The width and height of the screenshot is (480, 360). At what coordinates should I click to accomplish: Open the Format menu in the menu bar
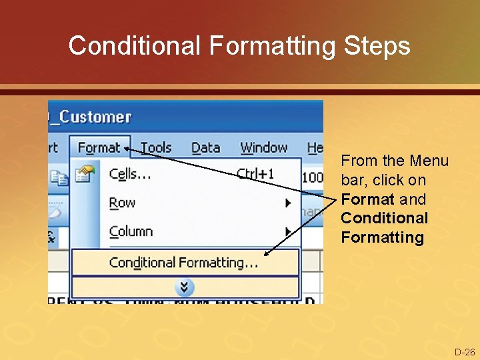point(99,147)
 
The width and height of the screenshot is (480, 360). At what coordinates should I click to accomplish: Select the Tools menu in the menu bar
point(156,147)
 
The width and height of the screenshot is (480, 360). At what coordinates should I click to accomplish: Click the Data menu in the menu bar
point(205,147)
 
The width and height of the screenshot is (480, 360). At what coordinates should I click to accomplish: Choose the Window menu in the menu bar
point(263,147)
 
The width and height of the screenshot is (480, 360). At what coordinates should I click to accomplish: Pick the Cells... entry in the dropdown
point(130,174)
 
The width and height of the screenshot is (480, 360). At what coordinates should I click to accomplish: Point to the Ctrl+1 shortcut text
point(255,174)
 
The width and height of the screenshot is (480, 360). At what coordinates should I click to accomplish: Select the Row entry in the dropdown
point(122,203)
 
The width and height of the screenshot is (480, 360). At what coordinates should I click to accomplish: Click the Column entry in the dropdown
point(131,231)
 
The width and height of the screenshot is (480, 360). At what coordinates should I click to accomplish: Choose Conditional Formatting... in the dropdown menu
point(183,263)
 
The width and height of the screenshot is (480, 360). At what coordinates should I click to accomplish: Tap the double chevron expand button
point(185,287)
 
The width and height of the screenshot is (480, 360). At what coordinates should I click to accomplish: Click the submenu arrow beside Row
point(288,203)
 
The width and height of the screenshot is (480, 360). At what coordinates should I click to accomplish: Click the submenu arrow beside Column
point(288,231)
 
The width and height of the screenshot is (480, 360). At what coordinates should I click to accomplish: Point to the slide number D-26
point(464,352)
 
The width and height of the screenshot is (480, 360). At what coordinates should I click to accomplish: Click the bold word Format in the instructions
point(367,199)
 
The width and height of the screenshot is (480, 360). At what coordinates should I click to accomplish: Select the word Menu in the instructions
point(429,161)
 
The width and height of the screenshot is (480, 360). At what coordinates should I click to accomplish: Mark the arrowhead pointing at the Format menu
point(127,149)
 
